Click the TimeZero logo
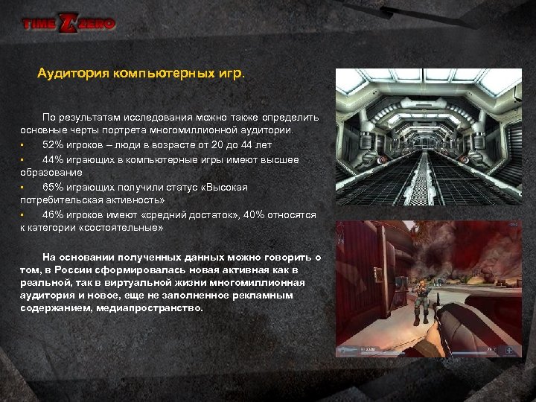tap(68, 24)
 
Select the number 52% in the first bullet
tap(52, 144)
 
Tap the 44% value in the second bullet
tap(52, 159)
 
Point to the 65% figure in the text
tap(52, 187)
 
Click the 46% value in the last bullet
tap(52, 214)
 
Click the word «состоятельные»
tap(126, 228)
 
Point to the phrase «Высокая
tap(225, 187)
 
